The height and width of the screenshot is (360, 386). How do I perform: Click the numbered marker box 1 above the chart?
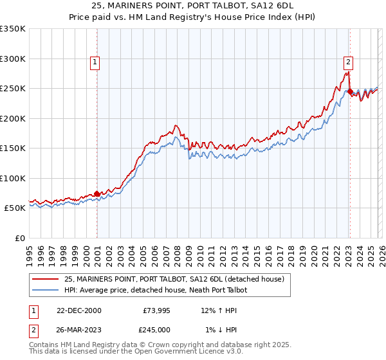(95, 62)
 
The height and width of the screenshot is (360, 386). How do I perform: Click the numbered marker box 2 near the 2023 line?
(348, 62)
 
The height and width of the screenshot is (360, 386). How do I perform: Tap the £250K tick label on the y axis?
(12, 89)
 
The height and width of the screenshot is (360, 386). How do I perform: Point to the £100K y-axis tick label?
(12, 178)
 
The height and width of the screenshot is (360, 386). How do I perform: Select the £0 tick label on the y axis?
(19, 238)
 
